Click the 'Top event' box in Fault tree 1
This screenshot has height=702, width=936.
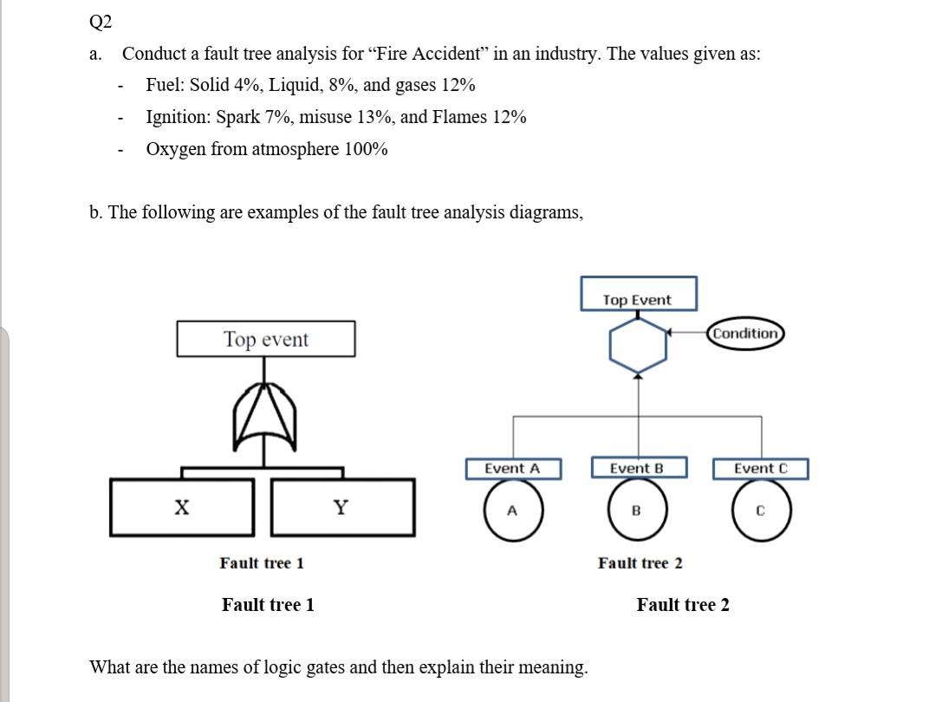click(265, 339)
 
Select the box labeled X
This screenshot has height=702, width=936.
click(182, 507)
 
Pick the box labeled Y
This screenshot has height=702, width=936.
click(341, 507)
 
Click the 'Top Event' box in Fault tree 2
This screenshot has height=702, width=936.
click(637, 295)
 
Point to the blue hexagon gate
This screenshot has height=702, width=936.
click(638, 343)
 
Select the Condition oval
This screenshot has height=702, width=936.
click(745, 334)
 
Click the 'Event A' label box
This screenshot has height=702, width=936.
click(512, 469)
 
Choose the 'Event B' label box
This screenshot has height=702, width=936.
click(637, 469)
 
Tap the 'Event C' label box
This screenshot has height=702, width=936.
click(760, 469)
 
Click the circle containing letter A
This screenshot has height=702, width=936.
click(513, 510)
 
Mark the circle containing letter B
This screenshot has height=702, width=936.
click(637, 510)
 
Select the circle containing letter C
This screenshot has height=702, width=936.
click(760, 510)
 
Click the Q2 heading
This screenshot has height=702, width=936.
click(101, 22)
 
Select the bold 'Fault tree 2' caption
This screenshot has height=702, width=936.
click(683, 605)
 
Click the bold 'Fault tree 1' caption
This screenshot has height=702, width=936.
click(268, 605)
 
